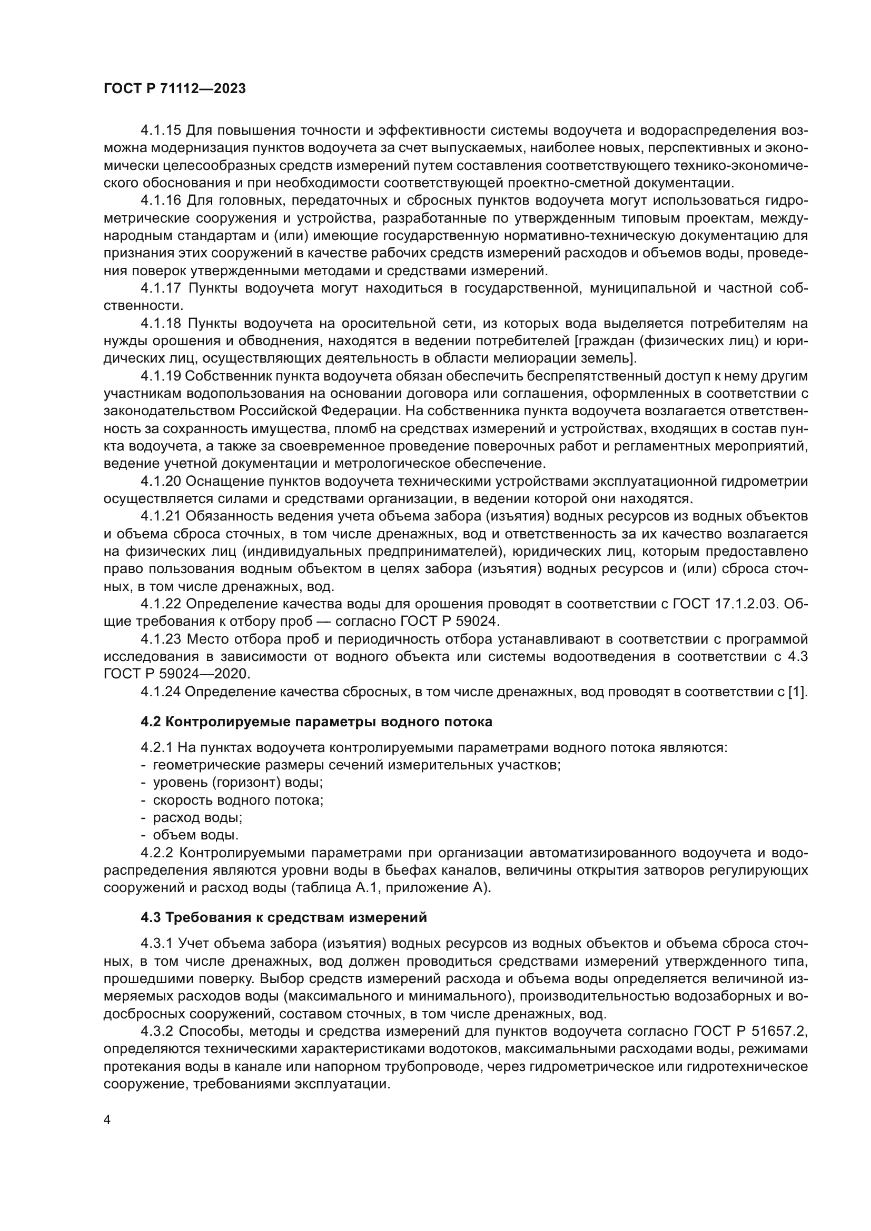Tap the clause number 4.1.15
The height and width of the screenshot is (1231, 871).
pos(161,131)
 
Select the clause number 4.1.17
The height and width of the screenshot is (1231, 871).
pos(161,288)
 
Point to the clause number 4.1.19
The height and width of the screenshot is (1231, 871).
pos(161,376)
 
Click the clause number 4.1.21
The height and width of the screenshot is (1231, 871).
pos(161,516)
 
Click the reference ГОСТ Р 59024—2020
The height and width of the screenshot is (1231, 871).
pos(177,674)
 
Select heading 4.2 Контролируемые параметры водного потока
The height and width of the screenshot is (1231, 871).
pos(316,722)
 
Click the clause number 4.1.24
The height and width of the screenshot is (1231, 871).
pos(161,692)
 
